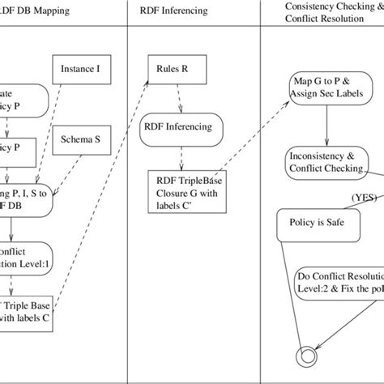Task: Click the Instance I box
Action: point(80,70)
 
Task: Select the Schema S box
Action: point(80,139)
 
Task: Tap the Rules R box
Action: point(173,70)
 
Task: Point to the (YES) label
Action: point(364,197)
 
